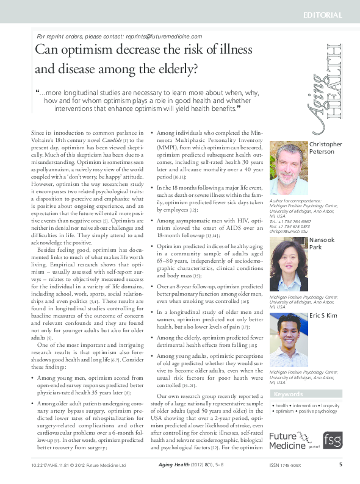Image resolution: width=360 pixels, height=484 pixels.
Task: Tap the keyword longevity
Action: pyautogui.click(x=331, y=405)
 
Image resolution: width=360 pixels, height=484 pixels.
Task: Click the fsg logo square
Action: pyautogui.click(x=333, y=440)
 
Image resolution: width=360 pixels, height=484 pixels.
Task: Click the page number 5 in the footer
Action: pyautogui.click(x=340, y=464)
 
